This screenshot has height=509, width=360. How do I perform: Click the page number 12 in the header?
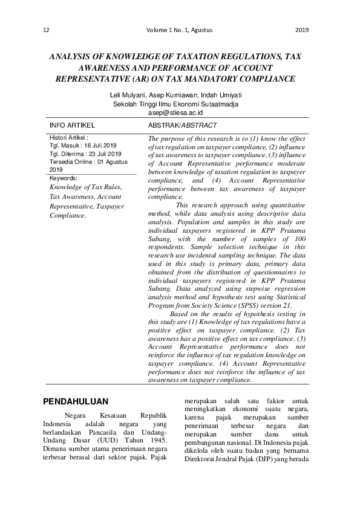coord(47,30)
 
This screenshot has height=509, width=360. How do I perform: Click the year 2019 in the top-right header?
coord(303,30)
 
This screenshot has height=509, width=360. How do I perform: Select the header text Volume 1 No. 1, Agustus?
coord(179,30)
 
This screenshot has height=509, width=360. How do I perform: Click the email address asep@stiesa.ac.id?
coord(175,112)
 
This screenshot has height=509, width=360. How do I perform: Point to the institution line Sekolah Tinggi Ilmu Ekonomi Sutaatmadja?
coord(175,104)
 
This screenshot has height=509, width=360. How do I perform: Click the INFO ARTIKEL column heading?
coord(72,125)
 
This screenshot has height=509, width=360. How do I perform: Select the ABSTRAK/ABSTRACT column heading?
coord(182,125)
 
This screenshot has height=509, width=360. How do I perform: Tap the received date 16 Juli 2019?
coord(99,146)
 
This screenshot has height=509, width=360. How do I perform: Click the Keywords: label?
coord(63,178)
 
